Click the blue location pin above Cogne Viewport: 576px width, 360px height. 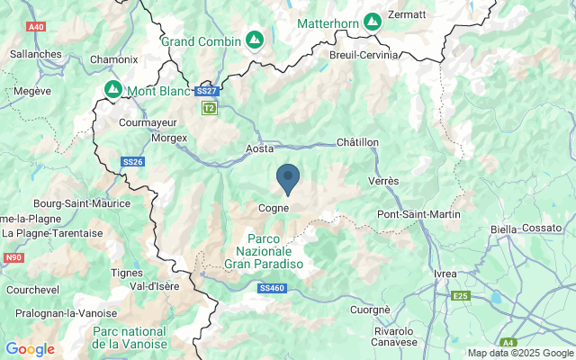[x=288, y=178]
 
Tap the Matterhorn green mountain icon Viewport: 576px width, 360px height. [x=373, y=21]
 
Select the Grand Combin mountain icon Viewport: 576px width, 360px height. [x=256, y=40]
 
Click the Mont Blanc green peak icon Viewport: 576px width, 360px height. [x=113, y=90]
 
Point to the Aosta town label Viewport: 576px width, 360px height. [x=259, y=149]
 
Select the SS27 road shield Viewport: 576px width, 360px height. [x=206, y=91]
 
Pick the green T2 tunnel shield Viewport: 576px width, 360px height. [x=209, y=108]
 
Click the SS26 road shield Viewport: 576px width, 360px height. [x=132, y=162]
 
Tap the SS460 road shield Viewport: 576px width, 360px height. [x=271, y=288]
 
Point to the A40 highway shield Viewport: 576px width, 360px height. [x=36, y=27]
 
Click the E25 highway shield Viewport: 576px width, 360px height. [x=462, y=294]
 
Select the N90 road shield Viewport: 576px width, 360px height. [x=13, y=257]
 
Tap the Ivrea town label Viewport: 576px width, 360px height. [x=445, y=274]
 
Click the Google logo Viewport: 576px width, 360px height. [x=30, y=349]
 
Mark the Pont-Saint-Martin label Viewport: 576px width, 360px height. [x=418, y=214]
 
